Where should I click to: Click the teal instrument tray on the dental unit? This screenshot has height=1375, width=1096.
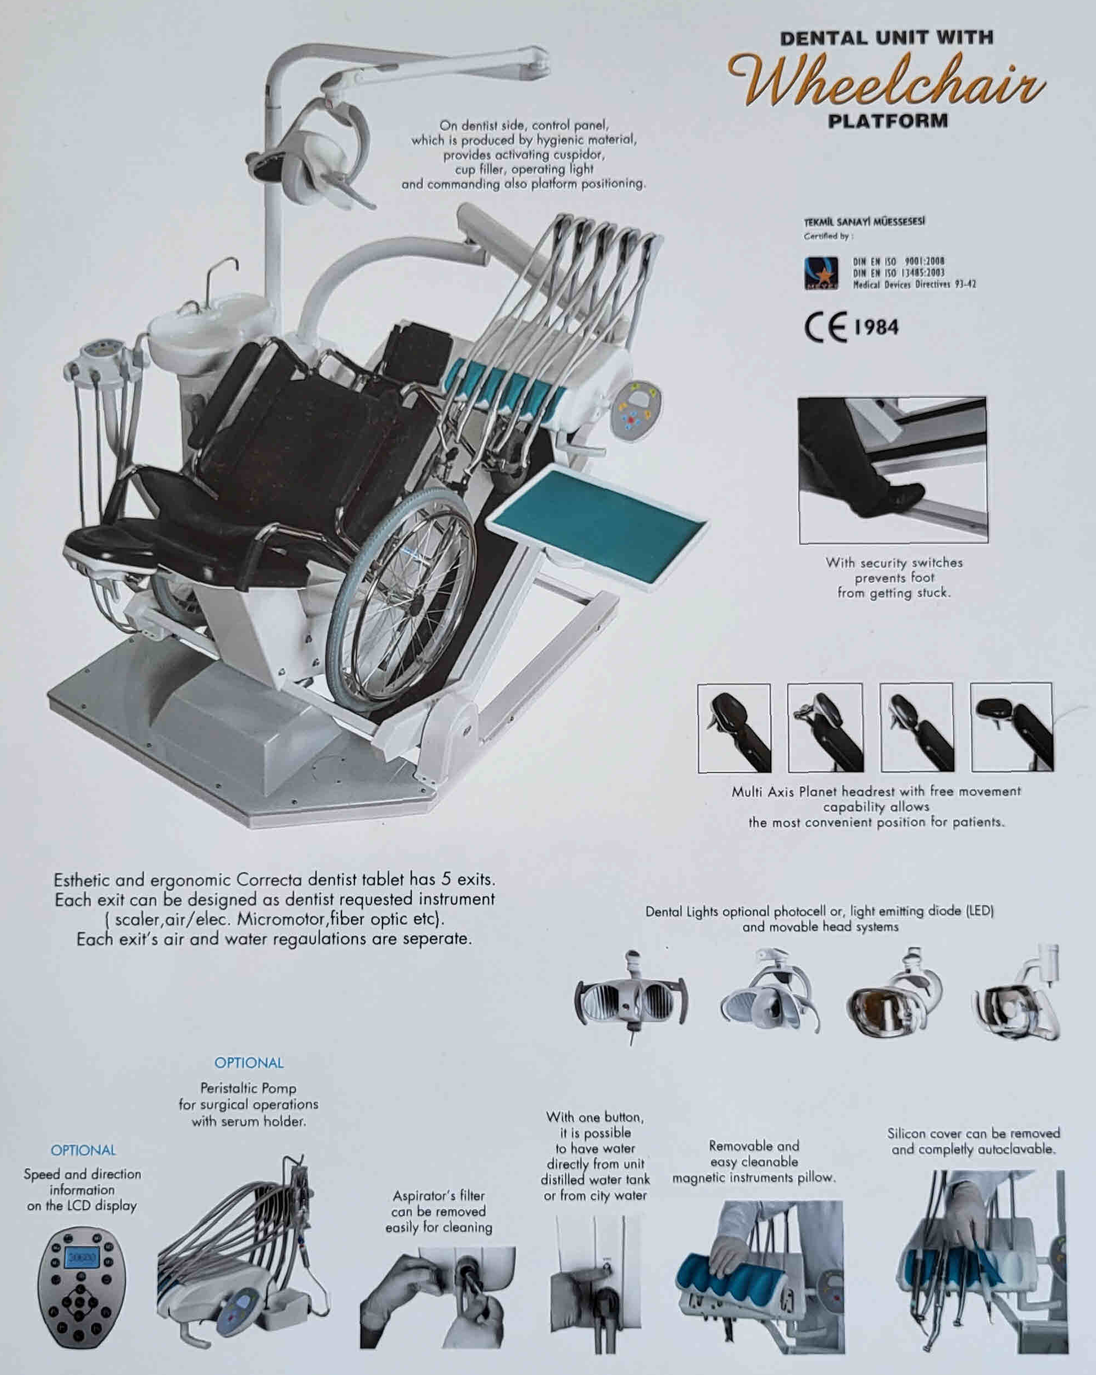[x=599, y=523]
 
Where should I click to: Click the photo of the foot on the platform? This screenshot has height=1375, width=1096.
[x=893, y=470]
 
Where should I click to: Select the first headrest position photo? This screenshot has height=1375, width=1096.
[x=734, y=728]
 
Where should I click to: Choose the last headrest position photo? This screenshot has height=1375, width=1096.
[x=1012, y=727]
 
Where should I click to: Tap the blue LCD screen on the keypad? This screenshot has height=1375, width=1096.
[x=81, y=1258]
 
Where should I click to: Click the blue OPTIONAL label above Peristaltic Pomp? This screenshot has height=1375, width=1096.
[x=249, y=1063]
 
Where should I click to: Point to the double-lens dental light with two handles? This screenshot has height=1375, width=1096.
[x=631, y=1000]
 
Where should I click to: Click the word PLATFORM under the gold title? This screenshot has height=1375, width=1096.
[x=887, y=121]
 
